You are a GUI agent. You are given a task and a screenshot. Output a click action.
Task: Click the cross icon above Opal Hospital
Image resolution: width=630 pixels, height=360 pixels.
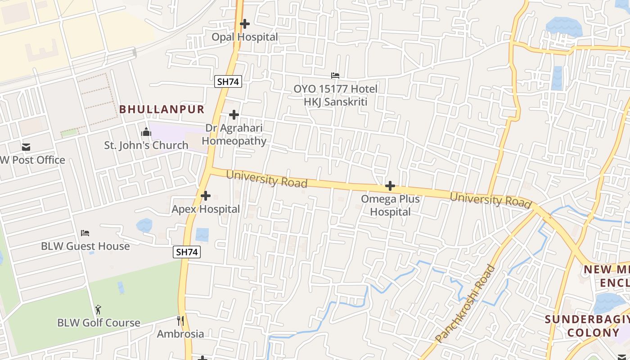point(245,23)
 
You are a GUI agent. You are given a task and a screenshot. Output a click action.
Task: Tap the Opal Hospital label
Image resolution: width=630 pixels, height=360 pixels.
point(245,37)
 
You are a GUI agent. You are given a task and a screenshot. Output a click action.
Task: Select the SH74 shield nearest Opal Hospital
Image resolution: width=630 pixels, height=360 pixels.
point(229,81)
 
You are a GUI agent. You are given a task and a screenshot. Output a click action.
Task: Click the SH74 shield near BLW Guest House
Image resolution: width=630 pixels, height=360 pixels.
point(187,252)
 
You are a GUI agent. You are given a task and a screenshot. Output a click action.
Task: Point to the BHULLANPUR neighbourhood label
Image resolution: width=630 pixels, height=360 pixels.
point(162,109)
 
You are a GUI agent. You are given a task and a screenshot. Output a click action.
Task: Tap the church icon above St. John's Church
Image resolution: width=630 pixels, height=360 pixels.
point(146,132)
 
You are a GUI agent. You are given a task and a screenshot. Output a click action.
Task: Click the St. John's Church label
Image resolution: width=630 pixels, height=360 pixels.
point(146,145)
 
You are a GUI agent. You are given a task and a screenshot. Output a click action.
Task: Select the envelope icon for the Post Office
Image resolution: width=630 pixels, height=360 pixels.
point(26,147)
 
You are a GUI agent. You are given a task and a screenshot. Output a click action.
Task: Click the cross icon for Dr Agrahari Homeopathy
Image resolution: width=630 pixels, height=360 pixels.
point(234,115)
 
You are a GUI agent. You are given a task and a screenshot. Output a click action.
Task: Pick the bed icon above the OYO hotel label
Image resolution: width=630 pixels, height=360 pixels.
point(335,75)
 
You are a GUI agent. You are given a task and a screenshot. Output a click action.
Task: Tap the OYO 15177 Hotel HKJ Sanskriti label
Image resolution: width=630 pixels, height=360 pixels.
point(336,95)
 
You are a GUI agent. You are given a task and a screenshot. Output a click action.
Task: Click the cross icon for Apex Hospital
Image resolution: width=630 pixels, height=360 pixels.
point(206,196)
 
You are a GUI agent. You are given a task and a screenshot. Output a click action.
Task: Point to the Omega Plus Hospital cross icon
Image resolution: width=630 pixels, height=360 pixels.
point(390,186)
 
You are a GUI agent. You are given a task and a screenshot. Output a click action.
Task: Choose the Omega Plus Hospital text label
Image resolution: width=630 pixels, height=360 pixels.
point(391,205)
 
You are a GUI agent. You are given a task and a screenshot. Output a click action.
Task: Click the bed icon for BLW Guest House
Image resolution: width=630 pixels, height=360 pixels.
point(85,233)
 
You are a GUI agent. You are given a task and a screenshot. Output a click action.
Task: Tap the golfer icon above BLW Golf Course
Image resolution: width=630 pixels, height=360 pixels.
point(98,310)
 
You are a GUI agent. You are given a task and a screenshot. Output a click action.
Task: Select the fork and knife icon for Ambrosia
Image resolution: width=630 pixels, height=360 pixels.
point(180,321)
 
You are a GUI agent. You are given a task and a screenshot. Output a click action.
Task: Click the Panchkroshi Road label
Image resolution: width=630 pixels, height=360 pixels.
point(465,304)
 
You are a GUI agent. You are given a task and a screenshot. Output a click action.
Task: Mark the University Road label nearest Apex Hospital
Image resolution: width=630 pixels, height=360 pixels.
point(267,178)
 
